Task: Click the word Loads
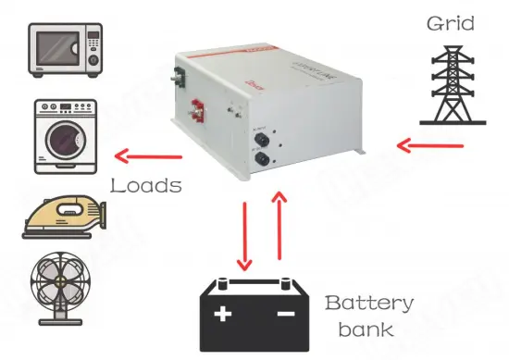pos(145,185)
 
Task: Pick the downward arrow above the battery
pos(243,236)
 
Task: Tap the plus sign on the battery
pos(223,314)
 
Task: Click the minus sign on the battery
pos(285,315)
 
